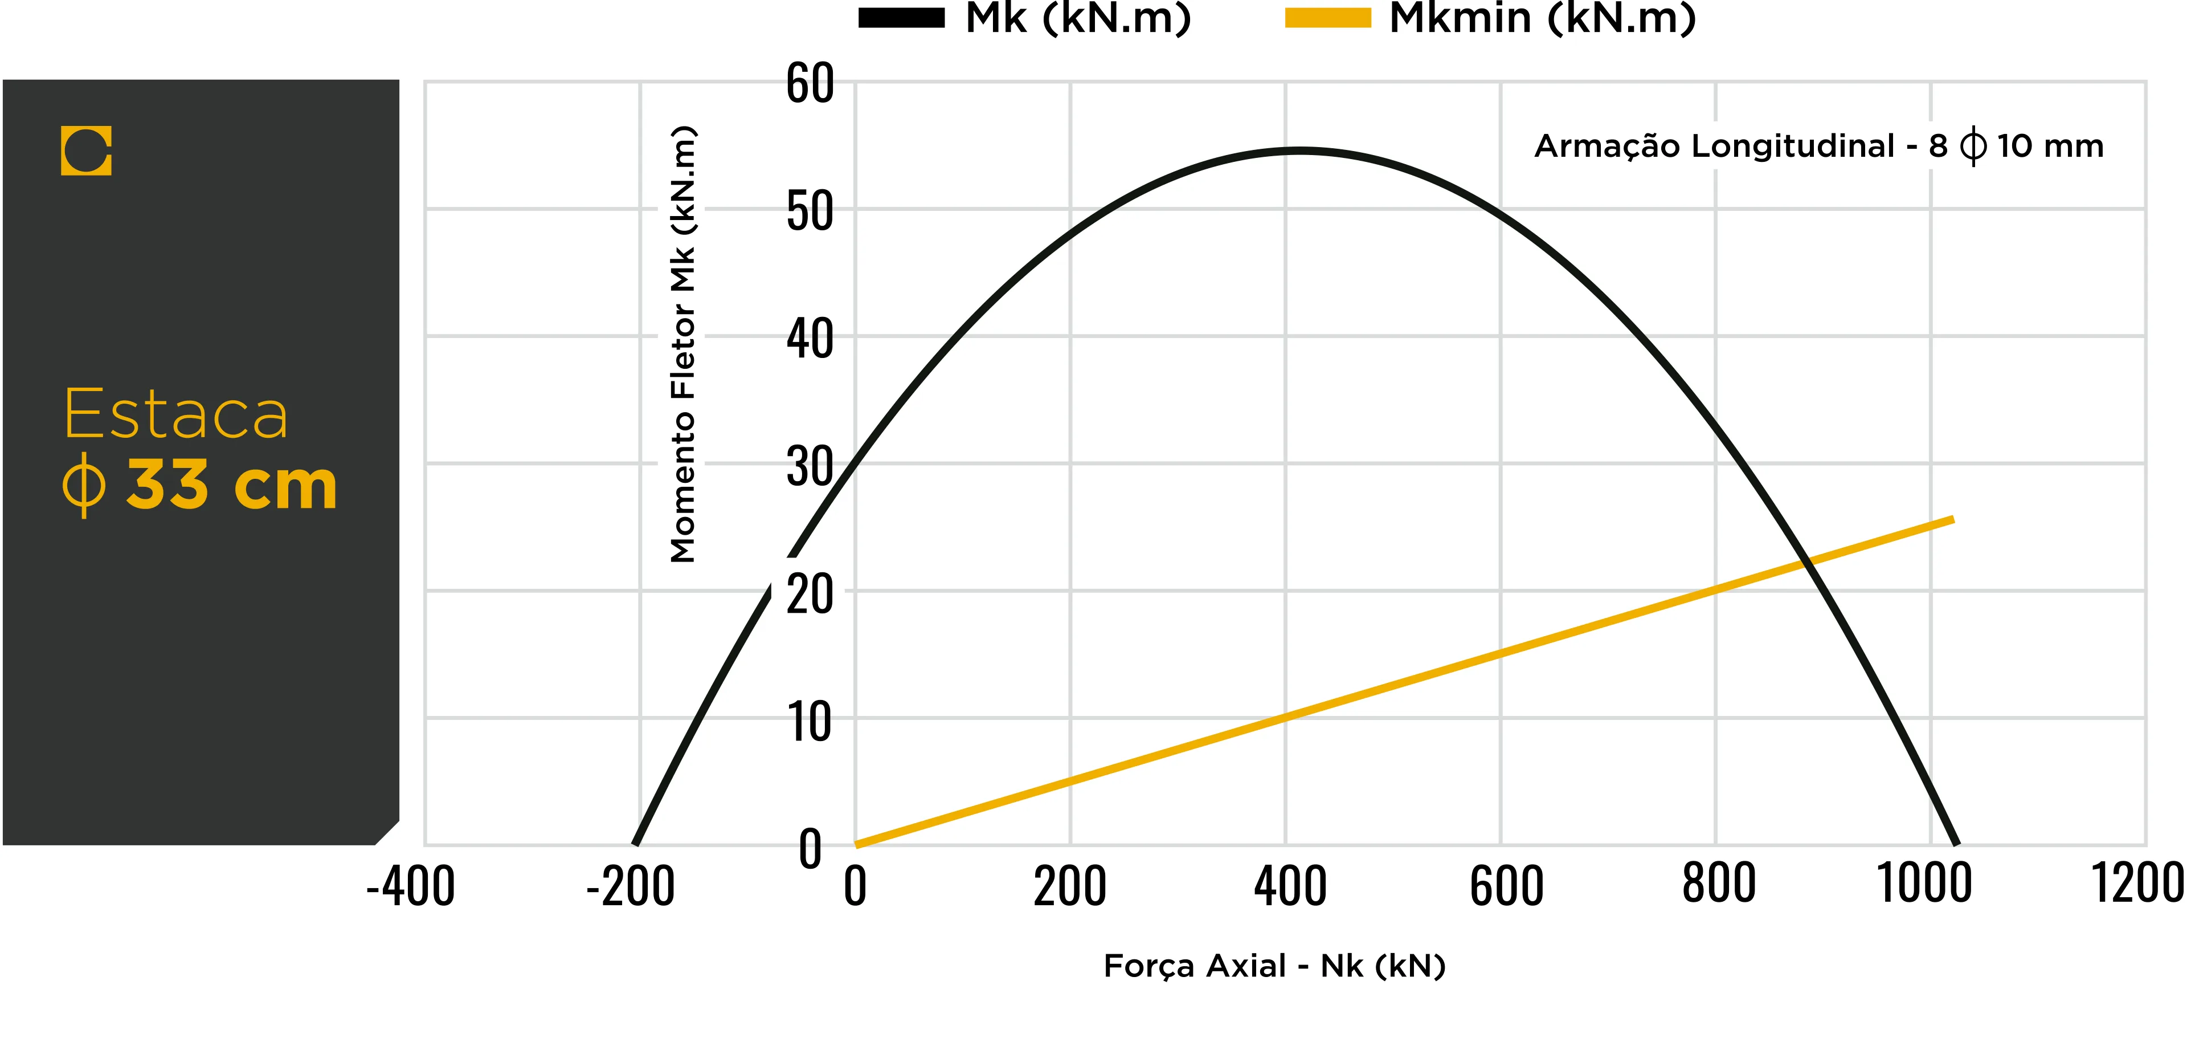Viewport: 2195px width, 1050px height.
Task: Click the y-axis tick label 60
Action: pos(810,84)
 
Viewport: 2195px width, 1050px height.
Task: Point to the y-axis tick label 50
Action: pos(810,211)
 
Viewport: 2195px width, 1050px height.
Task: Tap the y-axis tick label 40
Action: pos(810,339)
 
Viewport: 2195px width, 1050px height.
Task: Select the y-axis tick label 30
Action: pos(810,466)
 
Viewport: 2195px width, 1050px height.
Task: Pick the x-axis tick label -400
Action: pos(411,886)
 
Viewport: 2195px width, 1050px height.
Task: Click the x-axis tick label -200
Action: pos(631,886)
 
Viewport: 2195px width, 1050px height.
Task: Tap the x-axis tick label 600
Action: pos(1506,886)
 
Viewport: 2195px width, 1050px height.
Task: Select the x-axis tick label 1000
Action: pos(1925,884)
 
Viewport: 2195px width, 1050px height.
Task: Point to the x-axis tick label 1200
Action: pos(2138,884)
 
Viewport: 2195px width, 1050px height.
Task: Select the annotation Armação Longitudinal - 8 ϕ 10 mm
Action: pos(1819,146)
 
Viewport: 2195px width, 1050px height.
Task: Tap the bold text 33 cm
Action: pos(232,485)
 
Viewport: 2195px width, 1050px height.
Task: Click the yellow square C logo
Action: pos(86,151)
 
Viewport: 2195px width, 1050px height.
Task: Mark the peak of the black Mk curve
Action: pos(1297,151)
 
